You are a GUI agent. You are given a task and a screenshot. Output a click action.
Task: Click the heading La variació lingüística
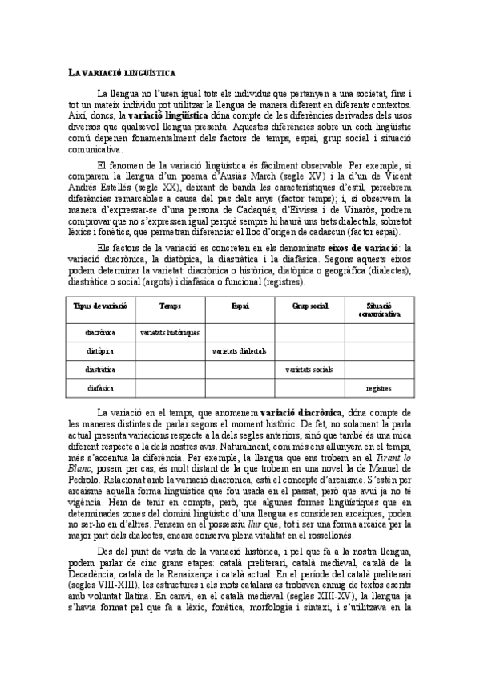123,72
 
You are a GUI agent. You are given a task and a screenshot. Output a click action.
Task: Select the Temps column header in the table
170,306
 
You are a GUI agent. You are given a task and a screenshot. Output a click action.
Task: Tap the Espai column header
240,306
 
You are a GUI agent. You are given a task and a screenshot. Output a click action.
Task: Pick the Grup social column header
309,306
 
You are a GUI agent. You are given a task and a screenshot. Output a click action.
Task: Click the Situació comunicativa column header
378,310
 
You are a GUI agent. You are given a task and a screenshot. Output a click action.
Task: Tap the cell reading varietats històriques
170,331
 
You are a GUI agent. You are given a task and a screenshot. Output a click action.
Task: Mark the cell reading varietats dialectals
240,350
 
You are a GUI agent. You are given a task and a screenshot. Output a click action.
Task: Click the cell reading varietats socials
309,370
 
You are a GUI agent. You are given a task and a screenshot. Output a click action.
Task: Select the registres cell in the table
378,389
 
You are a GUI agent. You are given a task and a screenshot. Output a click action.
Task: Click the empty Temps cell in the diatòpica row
170,350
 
